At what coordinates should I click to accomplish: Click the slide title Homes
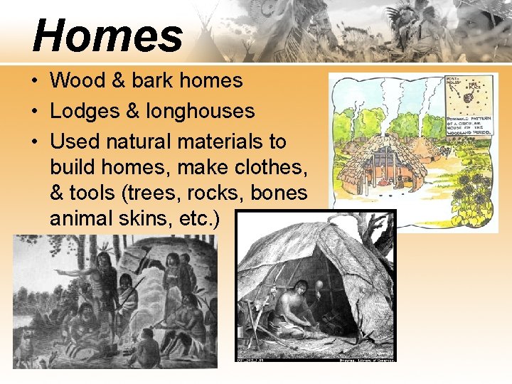click(107, 36)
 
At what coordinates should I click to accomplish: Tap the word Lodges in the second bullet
click(80, 111)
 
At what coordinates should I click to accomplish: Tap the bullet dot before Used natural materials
click(34, 142)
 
